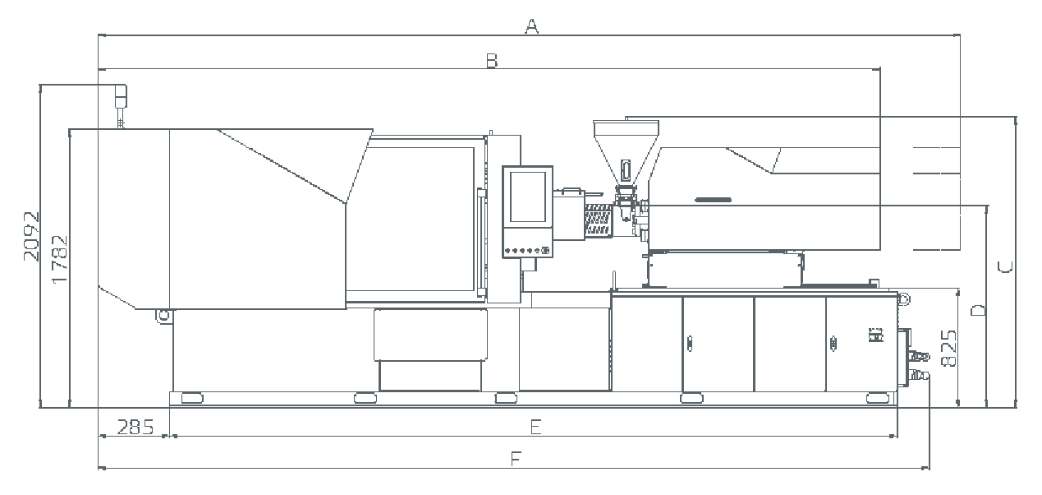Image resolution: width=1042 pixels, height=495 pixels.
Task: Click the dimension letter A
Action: [x=532, y=26]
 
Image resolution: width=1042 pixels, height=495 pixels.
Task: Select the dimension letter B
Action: [x=492, y=61]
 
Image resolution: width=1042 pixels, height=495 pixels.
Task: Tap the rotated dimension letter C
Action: [x=1005, y=267]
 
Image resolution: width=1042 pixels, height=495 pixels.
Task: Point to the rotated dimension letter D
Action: [x=978, y=310]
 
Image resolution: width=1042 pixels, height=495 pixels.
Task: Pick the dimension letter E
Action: [x=536, y=427]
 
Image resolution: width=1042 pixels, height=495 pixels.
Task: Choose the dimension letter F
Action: [x=516, y=459]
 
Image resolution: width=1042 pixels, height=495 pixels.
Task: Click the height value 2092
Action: [x=32, y=237]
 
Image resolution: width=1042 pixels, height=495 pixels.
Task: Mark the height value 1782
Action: [x=61, y=259]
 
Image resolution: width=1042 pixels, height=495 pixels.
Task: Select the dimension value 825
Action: [x=948, y=349]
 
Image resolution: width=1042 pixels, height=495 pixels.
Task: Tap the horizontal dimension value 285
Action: [x=135, y=427]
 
